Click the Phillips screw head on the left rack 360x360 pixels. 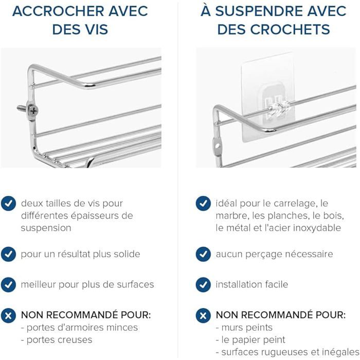(33, 111)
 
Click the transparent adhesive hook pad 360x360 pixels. (268, 97)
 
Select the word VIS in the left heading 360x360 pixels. (94, 29)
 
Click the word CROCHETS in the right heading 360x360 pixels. (290, 29)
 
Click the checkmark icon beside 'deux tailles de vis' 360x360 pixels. (9, 204)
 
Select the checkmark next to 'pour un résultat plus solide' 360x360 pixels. (9, 254)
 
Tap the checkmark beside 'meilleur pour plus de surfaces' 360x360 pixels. (9, 285)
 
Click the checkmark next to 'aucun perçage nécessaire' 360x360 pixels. (203, 254)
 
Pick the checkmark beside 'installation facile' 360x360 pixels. (203, 285)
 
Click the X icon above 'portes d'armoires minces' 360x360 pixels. (9, 315)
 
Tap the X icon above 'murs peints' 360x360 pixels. (203, 315)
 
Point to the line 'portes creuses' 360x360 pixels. (57, 340)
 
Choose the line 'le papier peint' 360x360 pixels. (250, 340)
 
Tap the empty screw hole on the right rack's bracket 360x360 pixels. (217, 146)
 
